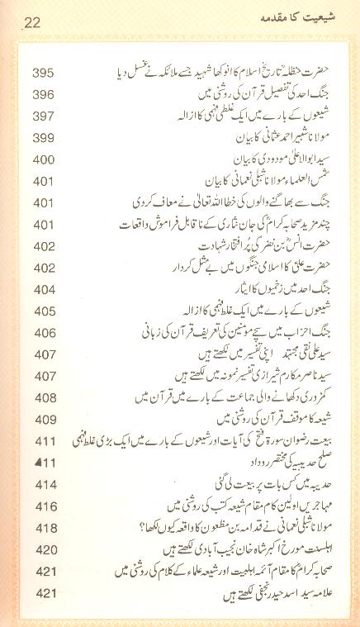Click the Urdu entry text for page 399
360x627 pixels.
tap(272, 134)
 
